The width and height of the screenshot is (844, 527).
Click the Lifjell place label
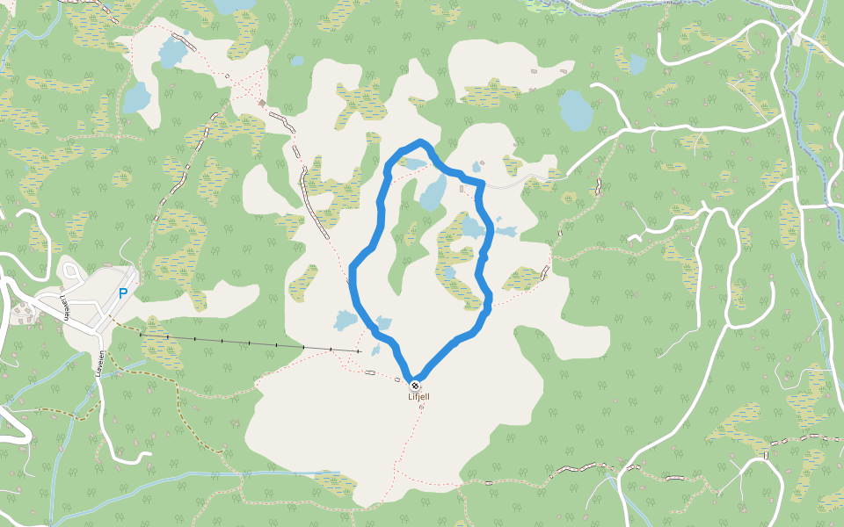point(418,397)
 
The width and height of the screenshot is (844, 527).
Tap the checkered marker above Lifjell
point(415,386)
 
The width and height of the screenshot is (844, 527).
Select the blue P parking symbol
point(123,293)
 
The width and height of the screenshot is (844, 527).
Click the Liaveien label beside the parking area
point(65,307)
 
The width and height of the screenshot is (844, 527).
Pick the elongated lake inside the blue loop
point(433,191)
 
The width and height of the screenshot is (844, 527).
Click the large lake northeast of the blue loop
point(575,110)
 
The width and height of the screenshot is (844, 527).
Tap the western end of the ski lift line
point(141,334)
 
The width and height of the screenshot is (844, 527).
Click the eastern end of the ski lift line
point(359,351)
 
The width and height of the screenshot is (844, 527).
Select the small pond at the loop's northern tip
point(412,162)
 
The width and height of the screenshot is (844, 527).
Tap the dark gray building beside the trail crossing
point(262,103)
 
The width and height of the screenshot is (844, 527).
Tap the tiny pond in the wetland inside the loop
point(450,273)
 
